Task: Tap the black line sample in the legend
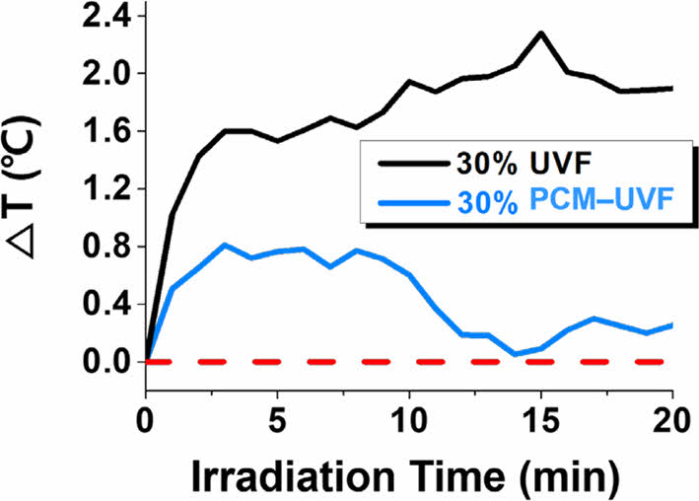pyautogui.click(x=403, y=164)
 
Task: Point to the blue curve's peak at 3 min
pyautogui.click(x=225, y=245)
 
